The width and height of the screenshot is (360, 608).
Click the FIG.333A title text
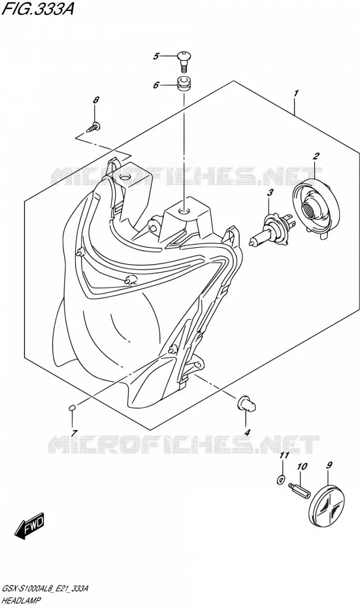[38, 9]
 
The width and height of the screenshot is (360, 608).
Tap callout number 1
[296, 93]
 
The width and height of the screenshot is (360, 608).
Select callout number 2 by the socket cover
[316, 156]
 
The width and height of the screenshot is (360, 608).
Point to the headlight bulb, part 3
[271, 229]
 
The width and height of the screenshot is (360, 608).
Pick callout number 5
[155, 56]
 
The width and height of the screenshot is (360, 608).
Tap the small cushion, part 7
[72, 407]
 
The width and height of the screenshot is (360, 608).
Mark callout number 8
[96, 100]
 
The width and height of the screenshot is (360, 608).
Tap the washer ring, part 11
[281, 480]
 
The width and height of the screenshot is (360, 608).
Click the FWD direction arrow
[29, 528]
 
